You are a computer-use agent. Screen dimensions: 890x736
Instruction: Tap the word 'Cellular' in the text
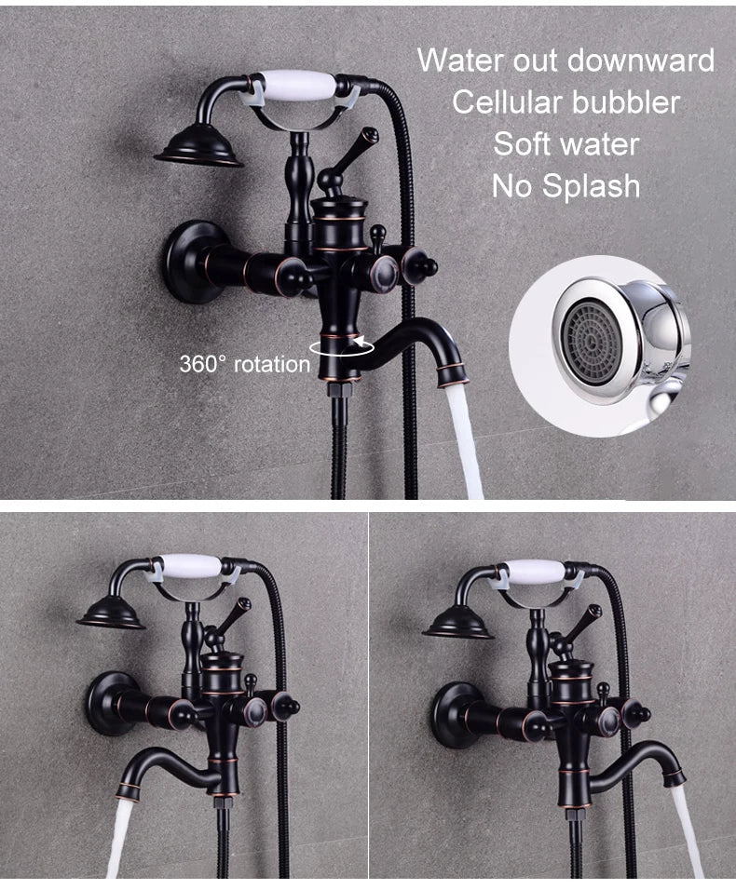click(x=511, y=102)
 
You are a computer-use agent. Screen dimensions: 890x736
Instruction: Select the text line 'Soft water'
click(x=566, y=144)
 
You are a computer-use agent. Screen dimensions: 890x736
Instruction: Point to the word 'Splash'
click(x=593, y=186)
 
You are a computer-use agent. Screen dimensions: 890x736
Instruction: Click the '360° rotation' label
click(x=244, y=363)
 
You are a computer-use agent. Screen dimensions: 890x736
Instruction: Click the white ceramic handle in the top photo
click(x=291, y=83)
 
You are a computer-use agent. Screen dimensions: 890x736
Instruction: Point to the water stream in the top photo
click(x=464, y=438)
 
